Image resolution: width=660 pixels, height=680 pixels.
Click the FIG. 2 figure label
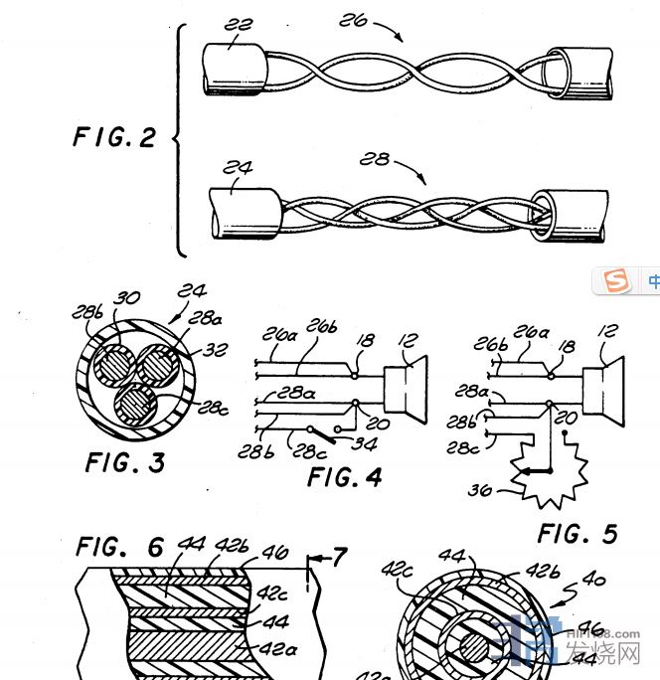tap(114, 136)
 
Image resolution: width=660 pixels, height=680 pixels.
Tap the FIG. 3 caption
tap(125, 462)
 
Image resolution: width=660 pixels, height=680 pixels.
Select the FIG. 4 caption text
tap(344, 477)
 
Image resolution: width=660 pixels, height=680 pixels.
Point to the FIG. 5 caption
tap(577, 534)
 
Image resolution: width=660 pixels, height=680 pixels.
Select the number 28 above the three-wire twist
tap(376, 159)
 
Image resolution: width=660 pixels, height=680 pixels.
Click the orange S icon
tap(617, 281)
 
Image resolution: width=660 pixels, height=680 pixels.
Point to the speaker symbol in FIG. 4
tap(409, 389)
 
